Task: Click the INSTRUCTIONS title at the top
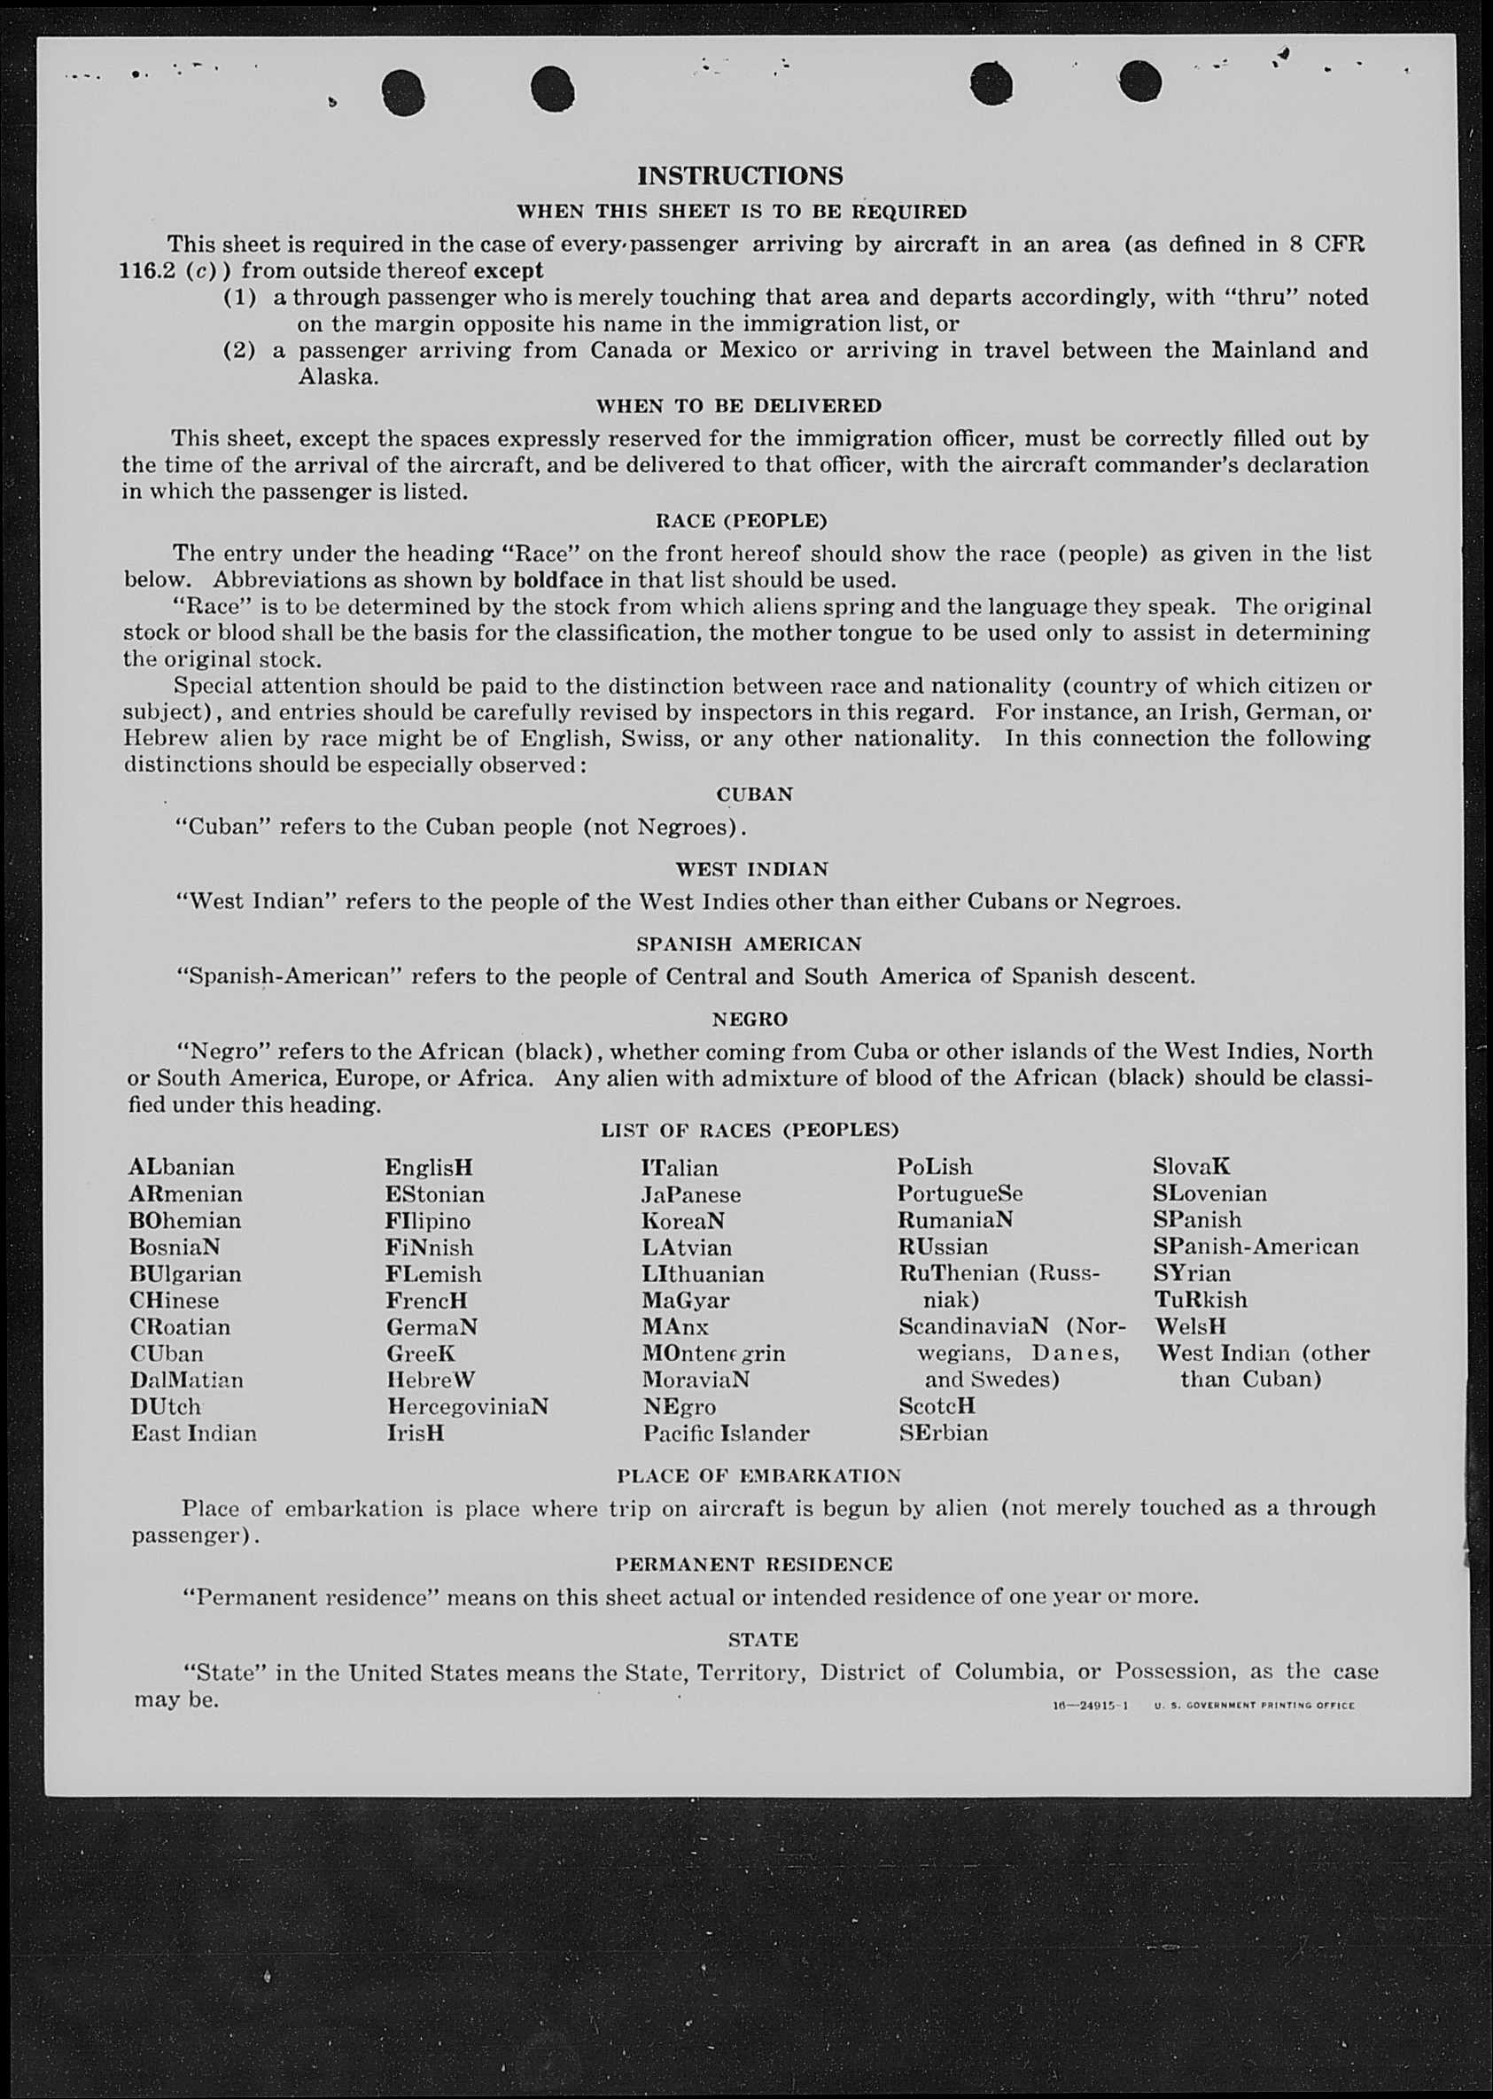(x=739, y=175)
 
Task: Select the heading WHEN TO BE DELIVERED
(x=738, y=406)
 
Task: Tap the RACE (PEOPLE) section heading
(x=741, y=520)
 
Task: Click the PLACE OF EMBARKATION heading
(x=758, y=1475)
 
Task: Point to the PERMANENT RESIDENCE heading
(x=753, y=1564)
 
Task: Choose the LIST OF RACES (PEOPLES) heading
(x=750, y=1130)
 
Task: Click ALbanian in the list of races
(x=181, y=1167)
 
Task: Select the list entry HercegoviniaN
(x=467, y=1407)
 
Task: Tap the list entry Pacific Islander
(x=726, y=1434)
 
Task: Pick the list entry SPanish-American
(x=1255, y=1247)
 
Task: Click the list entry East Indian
(x=194, y=1434)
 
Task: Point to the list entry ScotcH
(x=936, y=1406)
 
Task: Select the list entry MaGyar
(x=685, y=1301)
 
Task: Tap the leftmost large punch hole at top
(x=402, y=93)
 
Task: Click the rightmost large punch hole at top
(x=1141, y=81)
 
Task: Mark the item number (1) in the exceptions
(x=239, y=297)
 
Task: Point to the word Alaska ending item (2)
(x=338, y=377)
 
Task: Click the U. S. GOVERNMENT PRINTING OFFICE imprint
(x=1254, y=1706)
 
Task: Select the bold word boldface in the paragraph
(x=558, y=580)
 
